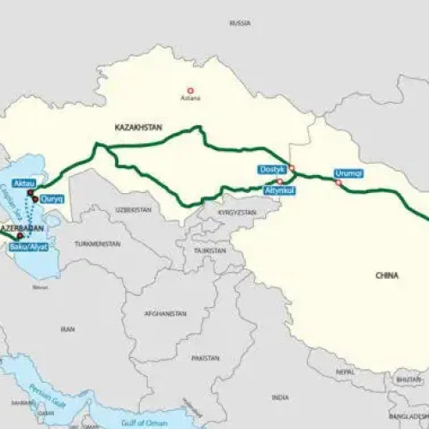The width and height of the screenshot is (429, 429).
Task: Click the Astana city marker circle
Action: click(190, 90)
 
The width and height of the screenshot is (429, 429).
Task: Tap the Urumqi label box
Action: click(349, 172)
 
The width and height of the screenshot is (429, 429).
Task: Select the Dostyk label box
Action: click(273, 170)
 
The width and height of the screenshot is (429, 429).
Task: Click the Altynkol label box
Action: click(281, 189)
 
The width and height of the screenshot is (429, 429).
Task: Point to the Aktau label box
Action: click(24, 184)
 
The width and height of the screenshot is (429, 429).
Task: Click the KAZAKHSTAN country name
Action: click(137, 127)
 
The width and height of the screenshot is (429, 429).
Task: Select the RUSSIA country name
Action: click(240, 23)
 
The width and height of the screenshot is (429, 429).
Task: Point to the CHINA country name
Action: click(388, 275)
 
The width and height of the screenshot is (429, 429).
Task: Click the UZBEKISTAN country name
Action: click(134, 209)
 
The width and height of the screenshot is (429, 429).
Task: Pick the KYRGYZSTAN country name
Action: click(238, 211)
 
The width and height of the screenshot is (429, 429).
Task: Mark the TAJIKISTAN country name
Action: click(209, 251)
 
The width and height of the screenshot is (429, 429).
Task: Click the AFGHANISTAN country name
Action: click(166, 313)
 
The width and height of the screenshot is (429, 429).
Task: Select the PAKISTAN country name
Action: click(206, 357)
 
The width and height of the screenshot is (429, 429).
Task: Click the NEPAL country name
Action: click(344, 373)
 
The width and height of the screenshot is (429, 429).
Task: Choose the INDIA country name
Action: click(280, 397)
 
